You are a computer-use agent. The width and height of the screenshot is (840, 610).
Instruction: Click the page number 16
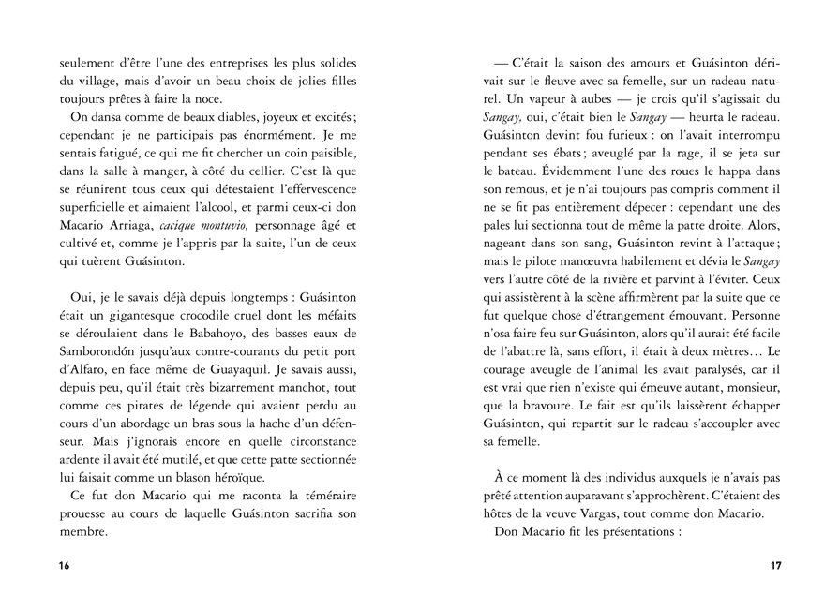[x=64, y=566]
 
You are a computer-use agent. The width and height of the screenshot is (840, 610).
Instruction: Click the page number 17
[x=775, y=566]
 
